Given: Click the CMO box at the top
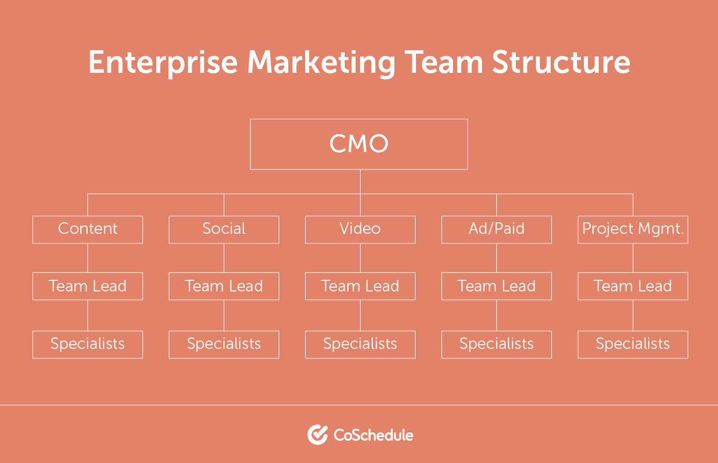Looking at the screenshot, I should pyautogui.click(x=359, y=144).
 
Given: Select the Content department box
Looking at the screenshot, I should pyautogui.click(x=88, y=229).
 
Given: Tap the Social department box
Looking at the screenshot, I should pyautogui.click(x=224, y=229).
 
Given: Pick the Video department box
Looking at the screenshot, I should pyautogui.click(x=360, y=229).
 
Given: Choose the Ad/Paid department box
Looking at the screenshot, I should pyautogui.click(x=496, y=229).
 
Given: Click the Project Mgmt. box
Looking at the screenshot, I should pyautogui.click(x=632, y=229).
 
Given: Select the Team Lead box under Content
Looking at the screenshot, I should pyautogui.click(x=88, y=286).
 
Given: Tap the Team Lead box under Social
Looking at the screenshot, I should pyautogui.click(x=224, y=286).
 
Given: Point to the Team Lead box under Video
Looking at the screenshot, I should pyautogui.click(x=360, y=286).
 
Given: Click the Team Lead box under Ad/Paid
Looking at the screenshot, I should pyautogui.click(x=496, y=286).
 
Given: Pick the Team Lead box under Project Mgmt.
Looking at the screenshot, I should pyautogui.click(x=632, y=286).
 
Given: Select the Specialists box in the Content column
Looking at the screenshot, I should pyautogui.click(x=88, y=344).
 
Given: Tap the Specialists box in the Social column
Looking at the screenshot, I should pyautogui.click(x=224, y=344).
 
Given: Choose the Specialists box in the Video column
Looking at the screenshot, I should pyautogui.click(x=360, y=344).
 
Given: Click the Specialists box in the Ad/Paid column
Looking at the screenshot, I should pyautogui.click(x=496, y=344).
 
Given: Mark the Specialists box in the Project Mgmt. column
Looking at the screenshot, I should pyautogui.click(x=632, y=344).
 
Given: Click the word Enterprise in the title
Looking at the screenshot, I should pyautogui.click(x=163, y=63).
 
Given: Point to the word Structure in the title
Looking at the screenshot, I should pyautogui.click(x=561, y=63).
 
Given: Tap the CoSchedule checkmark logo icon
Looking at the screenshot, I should pyautogui.click(x=317, y=434).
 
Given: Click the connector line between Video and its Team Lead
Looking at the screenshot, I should pyautogui.click(x=360, y=258).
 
